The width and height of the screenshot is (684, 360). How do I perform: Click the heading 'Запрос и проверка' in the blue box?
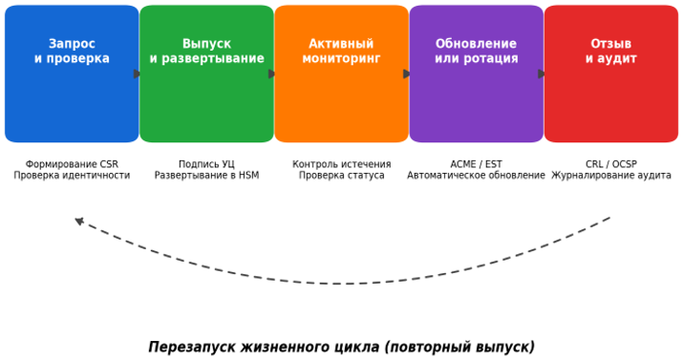coord(72,51)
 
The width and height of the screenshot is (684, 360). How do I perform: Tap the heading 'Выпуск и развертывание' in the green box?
coord(206,51)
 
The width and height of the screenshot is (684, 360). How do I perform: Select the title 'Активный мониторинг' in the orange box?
coord(342,51)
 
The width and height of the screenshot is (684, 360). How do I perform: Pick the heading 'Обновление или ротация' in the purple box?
coord(477,51)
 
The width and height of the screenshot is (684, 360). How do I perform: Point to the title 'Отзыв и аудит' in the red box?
coord(611,51)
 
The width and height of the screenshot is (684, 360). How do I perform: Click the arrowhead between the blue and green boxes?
coord(137,74)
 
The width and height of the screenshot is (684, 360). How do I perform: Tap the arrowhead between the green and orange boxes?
coord(271,74)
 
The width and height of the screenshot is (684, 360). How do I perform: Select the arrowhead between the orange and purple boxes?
coord(407,74)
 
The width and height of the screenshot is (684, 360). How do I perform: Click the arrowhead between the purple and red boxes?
coord(542,74)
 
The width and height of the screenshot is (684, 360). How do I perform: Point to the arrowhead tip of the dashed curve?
coord(75,219)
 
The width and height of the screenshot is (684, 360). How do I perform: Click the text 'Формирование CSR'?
coord(72,164)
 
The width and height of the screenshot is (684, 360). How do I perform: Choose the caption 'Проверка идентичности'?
coord(72,175)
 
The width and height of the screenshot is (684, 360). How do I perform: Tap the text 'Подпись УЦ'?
coord(206,164)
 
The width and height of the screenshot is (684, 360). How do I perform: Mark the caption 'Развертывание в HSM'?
coord(206,175)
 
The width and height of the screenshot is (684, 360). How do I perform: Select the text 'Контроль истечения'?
coord(342,164)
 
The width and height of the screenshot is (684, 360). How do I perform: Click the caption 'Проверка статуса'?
coord(342,175)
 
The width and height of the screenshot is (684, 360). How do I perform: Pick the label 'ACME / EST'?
coord(477,164)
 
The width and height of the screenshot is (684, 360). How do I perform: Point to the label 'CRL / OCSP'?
coord(611,164)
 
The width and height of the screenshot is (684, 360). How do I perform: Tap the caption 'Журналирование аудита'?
coord(611,175)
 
